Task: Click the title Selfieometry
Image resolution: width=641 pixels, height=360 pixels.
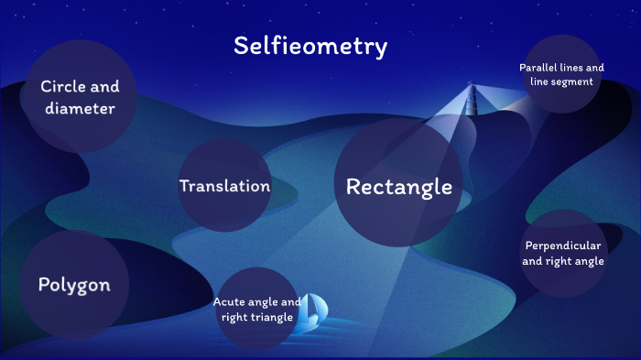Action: (x=310, y=46)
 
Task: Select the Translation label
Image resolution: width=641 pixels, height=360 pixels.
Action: (x=224, y=186)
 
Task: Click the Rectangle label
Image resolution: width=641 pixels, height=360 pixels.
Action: (x=398, y=187)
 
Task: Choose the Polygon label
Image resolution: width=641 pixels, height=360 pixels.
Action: (x=74, y=285)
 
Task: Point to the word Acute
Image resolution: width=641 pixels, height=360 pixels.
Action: (x=231, y=301)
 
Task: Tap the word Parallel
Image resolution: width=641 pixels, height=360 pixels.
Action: (x=539, y=68)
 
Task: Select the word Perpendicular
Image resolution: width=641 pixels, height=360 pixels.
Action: (x=562, y=245)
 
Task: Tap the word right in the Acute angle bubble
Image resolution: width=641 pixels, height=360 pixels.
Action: (x=233, y=317)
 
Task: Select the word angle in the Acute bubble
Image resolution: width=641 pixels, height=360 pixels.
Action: (x=266, y=301)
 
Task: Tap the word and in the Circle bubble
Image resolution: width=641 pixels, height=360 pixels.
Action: (x=105, y=87)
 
